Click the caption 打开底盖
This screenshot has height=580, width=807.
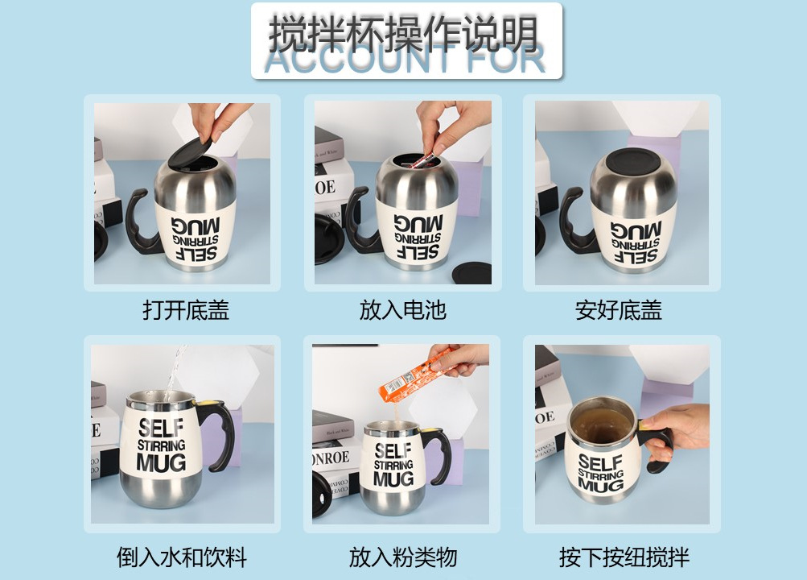(186, 310)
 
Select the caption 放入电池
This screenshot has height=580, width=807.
(402, 310)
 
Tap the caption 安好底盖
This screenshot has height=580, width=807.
(619, 310)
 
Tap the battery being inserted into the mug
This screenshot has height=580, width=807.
(422, 159)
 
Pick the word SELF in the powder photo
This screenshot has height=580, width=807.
(393, 449)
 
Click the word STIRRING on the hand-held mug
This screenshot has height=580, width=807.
(600, 475)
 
